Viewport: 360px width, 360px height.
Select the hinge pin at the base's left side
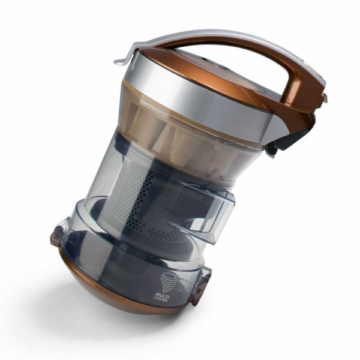point(55,236)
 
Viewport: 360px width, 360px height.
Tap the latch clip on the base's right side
point(200,286)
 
